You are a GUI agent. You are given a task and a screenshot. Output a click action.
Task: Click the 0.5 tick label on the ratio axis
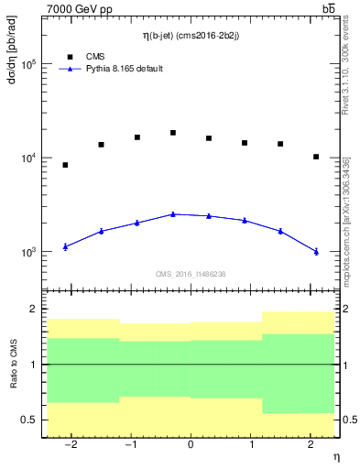click(x=28, y=420)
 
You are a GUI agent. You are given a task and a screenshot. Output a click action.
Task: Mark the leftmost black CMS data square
click(x=65, y=165)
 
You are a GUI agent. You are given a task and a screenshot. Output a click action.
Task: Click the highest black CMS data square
click(x=172, y=133)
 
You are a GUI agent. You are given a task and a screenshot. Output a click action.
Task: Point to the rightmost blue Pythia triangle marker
click(x=315, y=251)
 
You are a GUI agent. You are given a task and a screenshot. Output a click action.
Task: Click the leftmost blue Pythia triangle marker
click(x=65, y=246)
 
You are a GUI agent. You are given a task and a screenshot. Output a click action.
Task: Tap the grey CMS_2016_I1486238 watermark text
click(x=190, y=274)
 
